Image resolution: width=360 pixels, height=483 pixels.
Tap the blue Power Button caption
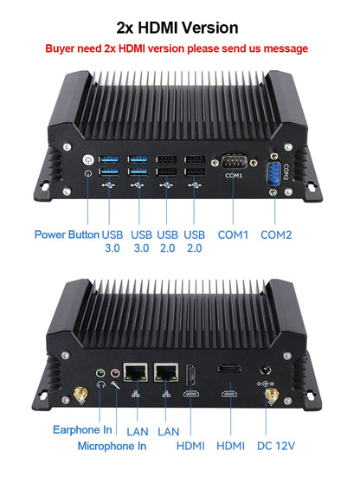coord(67,235)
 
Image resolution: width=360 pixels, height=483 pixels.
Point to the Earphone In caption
coord(82,429)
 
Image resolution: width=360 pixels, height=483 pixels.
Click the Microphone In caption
coord(112,446)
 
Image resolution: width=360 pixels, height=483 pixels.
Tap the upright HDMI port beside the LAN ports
coord(190,376)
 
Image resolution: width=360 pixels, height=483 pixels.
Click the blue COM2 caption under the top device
coord(276,235)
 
